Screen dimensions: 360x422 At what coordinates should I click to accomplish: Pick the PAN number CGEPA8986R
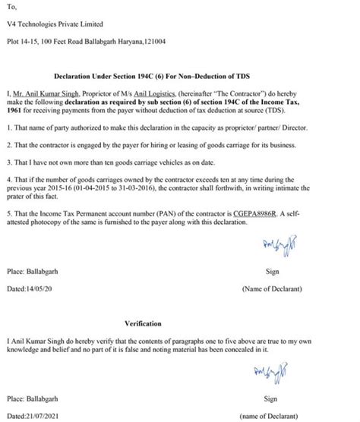(276, 215)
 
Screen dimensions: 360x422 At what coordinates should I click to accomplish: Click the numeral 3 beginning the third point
(8, 161)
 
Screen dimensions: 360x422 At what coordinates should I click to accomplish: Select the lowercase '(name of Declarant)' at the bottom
(271, 416)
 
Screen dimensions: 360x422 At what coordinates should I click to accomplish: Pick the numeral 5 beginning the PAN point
(8, 215)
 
